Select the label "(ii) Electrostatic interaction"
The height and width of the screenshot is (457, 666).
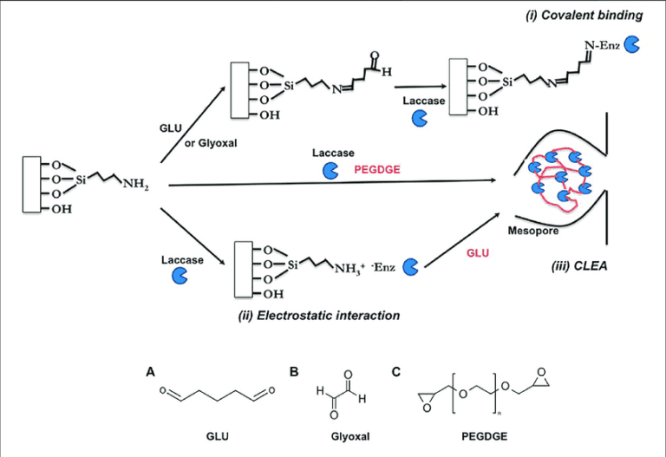[x=318, y=316]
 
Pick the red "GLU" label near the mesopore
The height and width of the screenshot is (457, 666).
[x=473, y=249]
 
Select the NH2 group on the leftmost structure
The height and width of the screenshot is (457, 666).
[x=136, y=183]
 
